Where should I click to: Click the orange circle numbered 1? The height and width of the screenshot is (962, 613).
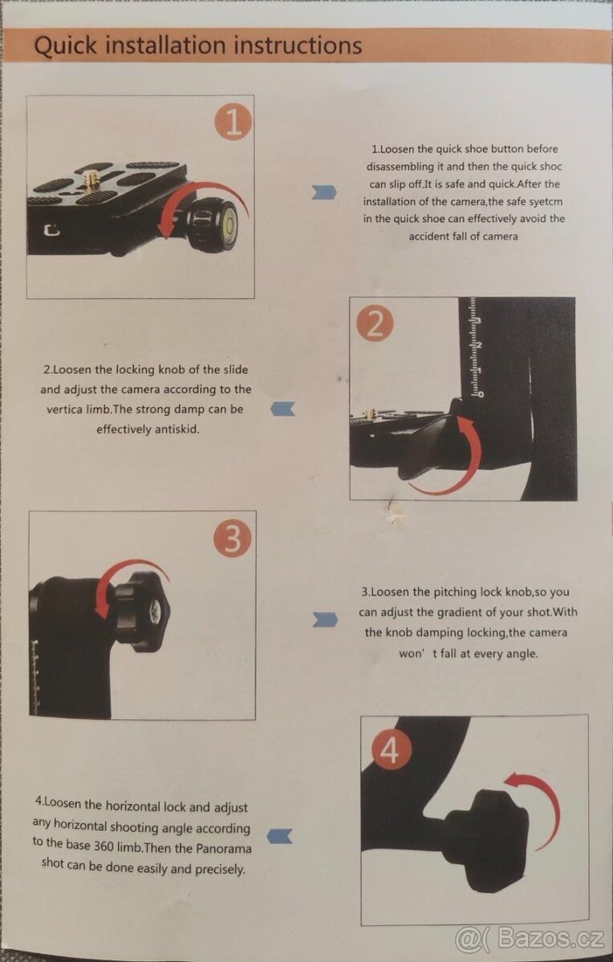pos(233,123)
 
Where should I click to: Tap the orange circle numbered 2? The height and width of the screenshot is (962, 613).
pos(375,325)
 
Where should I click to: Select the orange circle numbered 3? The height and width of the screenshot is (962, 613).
pos(233,540)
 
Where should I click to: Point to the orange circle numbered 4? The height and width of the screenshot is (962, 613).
pos(392,752)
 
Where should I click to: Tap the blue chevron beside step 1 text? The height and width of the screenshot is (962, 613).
pos(324,192)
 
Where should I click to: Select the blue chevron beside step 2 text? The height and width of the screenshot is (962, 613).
pos(283,409)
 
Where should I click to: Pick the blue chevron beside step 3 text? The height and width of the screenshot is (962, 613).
pos(326,620)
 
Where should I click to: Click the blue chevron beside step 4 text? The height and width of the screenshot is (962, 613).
pos(280,837)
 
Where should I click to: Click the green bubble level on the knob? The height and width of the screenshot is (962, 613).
pos(229,224)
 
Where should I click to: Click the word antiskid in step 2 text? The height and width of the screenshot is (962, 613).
pos(177,429)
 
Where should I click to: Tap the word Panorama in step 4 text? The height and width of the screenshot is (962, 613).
pos(224,849)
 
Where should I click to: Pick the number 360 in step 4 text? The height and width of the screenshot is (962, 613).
pos(104,845)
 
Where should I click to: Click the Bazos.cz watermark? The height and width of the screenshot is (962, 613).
pos(531,939)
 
